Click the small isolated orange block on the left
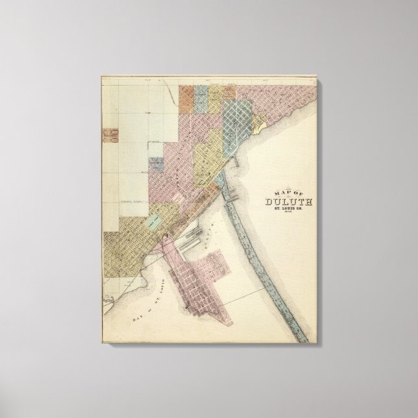[108, 134]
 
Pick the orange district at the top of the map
[188, 95]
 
